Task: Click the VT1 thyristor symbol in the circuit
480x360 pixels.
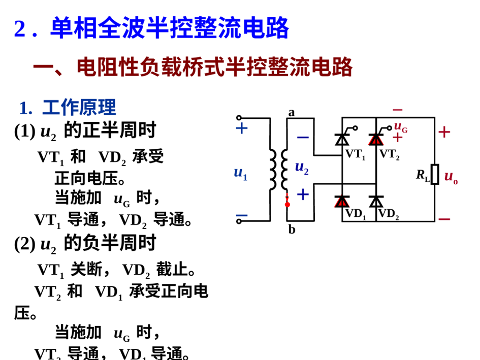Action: point(341,139)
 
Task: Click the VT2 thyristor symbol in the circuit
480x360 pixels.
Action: point(376,139)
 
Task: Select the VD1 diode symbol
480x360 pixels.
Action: point(341,202)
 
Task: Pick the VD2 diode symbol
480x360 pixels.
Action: point(376,202)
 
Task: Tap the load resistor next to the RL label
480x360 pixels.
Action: point(435,174)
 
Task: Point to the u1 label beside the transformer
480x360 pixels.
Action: point(240,173)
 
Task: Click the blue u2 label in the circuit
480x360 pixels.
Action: point(302,168)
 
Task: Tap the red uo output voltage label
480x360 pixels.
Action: point(451,177)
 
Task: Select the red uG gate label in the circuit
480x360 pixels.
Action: point(401,127)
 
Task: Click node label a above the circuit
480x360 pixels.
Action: point(292,112)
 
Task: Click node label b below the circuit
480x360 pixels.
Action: point(292,230)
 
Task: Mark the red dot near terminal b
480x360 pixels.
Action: point(287,205)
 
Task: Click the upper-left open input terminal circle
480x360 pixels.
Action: point(239,118)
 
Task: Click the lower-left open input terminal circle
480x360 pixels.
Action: point(239,221)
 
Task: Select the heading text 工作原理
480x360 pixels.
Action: point(79,107)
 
